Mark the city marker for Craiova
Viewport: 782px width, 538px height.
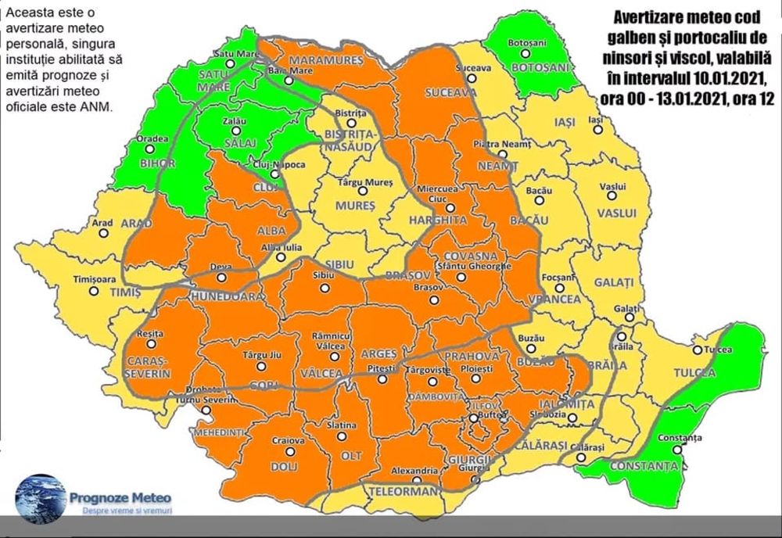click(289, 451)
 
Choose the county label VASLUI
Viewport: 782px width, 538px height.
click(614, 213)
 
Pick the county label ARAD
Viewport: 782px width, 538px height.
click(136, 224)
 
